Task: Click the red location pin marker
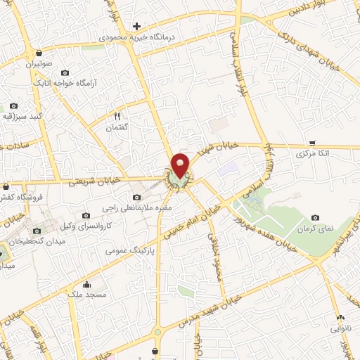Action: [x=180, y=165]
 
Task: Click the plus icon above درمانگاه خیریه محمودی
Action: [x=137, y=26]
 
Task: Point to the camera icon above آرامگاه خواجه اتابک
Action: [x=65, y=72]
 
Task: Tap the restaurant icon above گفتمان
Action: [x=117, y=117]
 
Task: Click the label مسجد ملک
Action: [x=86, y=295]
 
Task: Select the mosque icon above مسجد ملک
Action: [x=86, y=285]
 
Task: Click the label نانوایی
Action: [x=341, y=327]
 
